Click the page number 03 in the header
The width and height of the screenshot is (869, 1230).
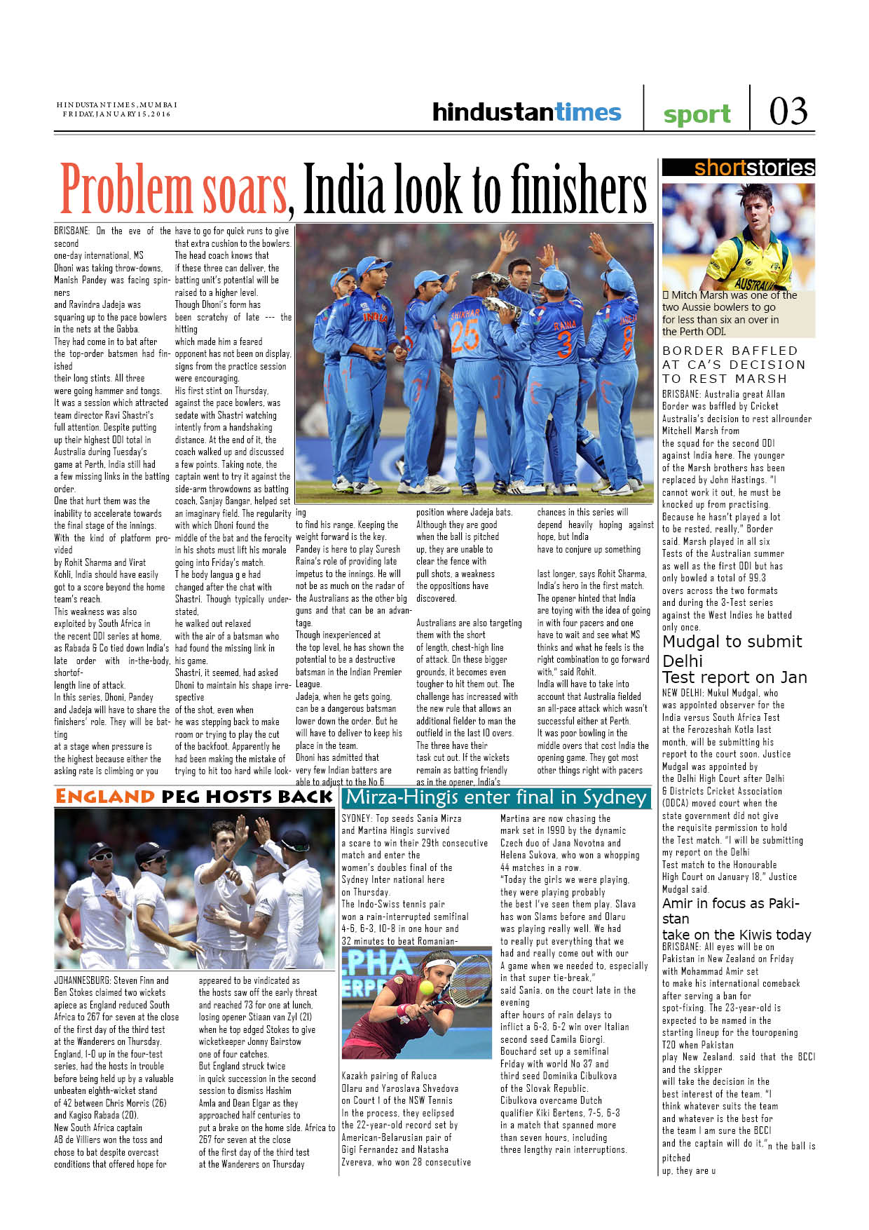788,111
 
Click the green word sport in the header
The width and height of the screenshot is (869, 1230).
697,114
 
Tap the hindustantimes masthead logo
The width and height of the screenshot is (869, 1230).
526,111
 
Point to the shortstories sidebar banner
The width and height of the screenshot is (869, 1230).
739,168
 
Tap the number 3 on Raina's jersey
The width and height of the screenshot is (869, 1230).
563,344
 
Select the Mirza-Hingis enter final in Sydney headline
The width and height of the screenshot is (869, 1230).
496,797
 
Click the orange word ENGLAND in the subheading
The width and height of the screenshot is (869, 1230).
104,797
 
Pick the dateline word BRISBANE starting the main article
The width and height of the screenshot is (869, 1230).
71,231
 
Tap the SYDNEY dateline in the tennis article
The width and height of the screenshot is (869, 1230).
356,818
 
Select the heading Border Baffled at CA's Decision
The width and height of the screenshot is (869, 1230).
733,364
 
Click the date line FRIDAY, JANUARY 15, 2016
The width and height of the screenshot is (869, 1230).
116,114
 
